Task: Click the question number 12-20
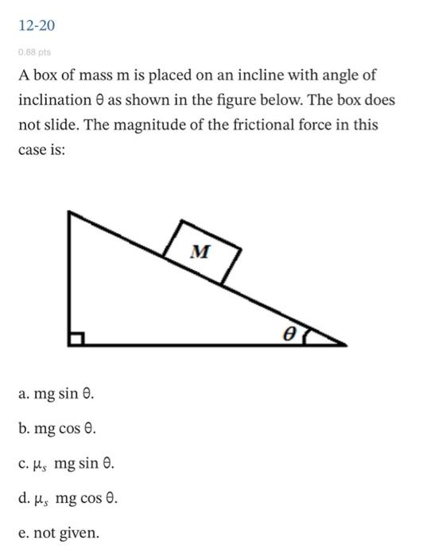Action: tap(37, 26)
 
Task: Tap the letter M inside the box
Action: tap(202, 252)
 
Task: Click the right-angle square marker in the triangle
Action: tap(76, 339)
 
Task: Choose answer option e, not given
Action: tap(60, 533)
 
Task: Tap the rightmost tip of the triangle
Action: tap(345, 345)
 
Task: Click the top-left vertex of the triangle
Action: tap(70, 212)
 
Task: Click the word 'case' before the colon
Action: tap(34, 149)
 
